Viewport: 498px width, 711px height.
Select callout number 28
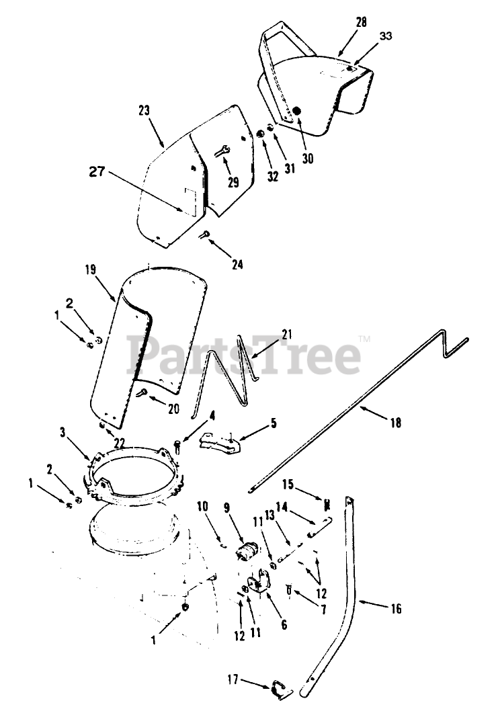(361, 23)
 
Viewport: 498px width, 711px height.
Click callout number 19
(91, 269)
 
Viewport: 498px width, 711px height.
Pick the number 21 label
(288, 334)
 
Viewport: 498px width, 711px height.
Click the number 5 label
(273, 423)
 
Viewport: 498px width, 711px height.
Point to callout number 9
(227, 508)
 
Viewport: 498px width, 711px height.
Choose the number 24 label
(237, 264)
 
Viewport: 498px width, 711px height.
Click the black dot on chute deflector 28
(298, 111)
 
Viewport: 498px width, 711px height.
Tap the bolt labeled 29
(223, 151)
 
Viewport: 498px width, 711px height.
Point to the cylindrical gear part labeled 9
(247, 553)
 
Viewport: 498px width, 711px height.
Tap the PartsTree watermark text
(245, 356)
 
